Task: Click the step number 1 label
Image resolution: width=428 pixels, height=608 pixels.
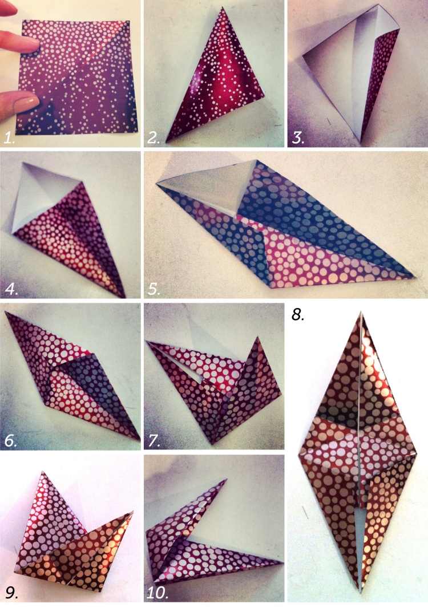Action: tap(10, 137)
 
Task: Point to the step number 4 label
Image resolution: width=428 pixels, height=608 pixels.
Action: tap(11, 289)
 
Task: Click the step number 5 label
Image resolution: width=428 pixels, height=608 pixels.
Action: tap(155, 289)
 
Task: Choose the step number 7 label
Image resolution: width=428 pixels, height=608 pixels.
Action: tap(155, 440)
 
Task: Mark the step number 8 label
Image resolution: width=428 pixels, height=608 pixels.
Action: tap(298, 314)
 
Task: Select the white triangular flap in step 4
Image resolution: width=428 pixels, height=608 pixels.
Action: tap(40, 197)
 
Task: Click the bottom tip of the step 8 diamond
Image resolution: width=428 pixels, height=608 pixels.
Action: tap(360, 587)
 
